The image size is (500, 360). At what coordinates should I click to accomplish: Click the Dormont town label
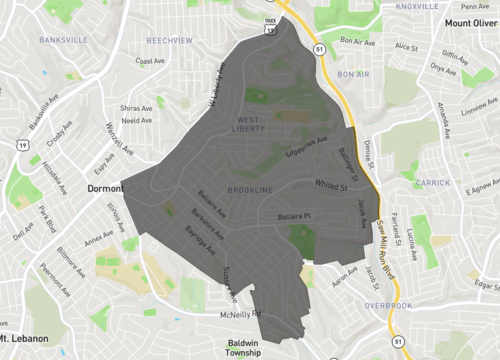click(104, 187)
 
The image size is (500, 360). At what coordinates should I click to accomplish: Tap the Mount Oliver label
click(471, 22)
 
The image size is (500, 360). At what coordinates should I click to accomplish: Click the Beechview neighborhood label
click(168, 41)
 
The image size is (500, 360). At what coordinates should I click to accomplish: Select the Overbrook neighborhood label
click(388, 305)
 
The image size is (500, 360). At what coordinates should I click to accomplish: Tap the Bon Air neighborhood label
click(353, 74)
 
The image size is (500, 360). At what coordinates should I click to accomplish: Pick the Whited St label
click(330, 185)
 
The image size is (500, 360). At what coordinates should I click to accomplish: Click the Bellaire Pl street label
click(294, 215)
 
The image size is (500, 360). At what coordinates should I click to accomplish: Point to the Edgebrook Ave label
click(306, 147)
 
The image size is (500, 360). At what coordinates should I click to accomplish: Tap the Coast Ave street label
click(150, 61)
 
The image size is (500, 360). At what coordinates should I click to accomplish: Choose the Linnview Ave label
click(481, 104)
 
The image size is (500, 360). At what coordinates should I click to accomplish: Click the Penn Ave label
click(476, 6)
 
